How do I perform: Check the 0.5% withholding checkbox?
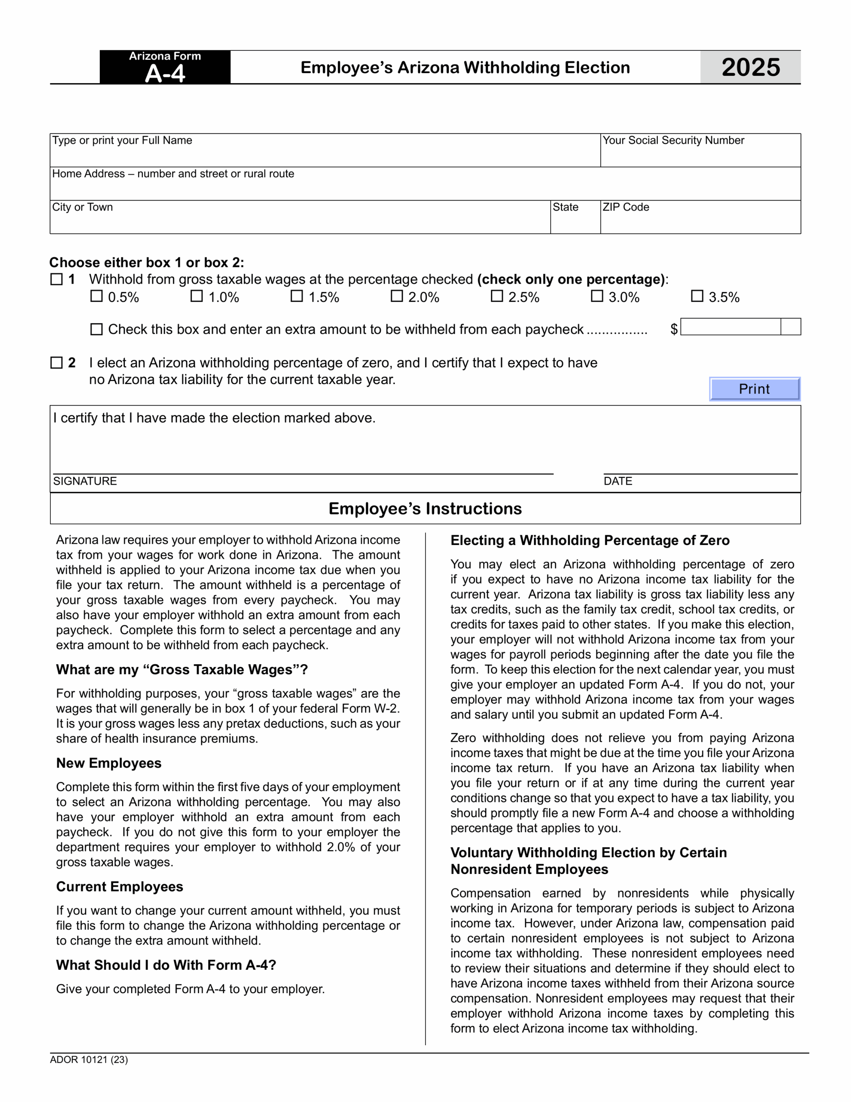96,296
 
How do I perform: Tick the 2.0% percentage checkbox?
397,296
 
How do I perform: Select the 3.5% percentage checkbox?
697,296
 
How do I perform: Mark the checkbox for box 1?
56,279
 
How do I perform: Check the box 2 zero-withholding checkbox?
56,363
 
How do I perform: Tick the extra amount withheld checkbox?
96,329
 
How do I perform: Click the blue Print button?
754,389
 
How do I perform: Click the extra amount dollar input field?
731,327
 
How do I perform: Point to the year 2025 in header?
750,67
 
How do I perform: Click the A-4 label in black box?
165,74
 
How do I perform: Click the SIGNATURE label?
85,481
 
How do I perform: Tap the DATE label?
617,481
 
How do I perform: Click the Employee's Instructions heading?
425,509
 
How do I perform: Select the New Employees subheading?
108,763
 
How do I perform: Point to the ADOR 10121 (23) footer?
89,1060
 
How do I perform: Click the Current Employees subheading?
120,886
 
